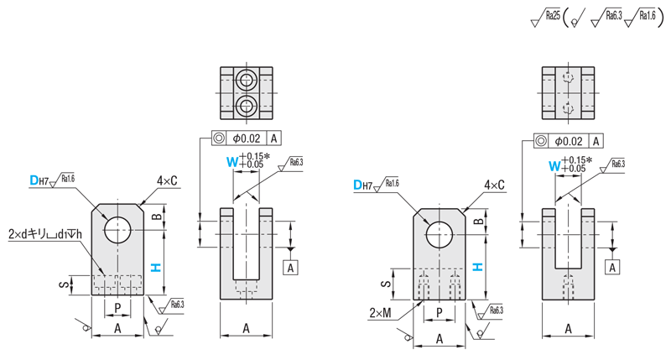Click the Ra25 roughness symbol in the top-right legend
(547, 15)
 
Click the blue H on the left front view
(155, 268)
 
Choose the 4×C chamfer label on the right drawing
(495, 185)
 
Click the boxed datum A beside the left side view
(291, 268)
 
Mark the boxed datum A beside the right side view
(614, 267)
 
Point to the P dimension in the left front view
(118, 307)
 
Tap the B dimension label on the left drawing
(155, 217)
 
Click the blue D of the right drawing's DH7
(357, 185)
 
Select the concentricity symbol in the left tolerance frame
(217, 139)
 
